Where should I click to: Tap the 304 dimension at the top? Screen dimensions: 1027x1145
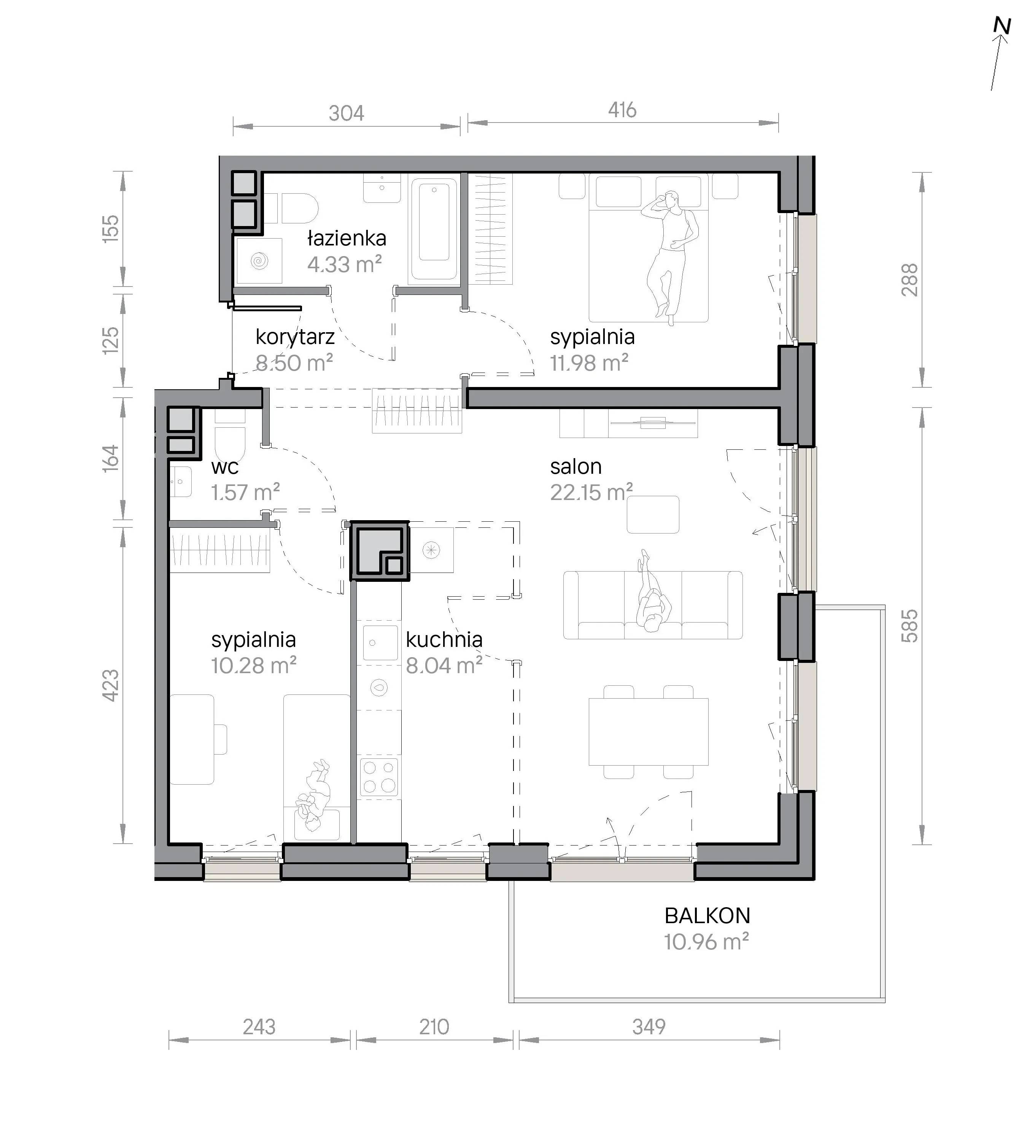pos(347,113)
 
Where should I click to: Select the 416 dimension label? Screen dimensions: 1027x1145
pos(622,110)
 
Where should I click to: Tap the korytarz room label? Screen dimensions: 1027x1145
pos(295,337)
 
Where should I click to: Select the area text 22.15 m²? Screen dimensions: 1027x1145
pos(591,492)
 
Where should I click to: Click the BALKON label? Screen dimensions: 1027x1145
pos(707,916)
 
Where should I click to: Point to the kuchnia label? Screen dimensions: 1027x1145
pos(444,640)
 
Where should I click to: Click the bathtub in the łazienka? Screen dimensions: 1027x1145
pos(434,229)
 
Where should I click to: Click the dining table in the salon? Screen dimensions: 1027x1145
pos(649,732)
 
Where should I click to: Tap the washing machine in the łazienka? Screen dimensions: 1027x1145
pos(259,260)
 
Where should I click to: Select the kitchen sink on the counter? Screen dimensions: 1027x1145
pos(380,642)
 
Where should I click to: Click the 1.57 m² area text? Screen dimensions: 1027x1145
pos(245,492)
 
